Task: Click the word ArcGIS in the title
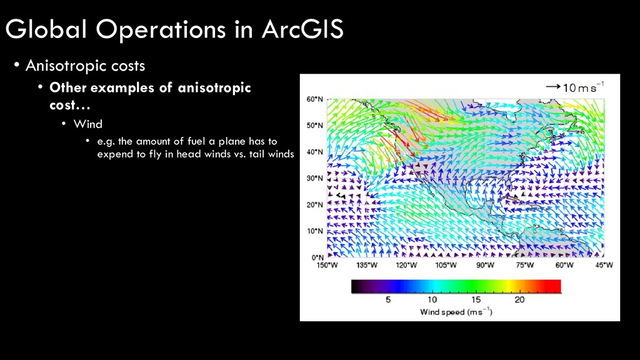[x=302, y=29]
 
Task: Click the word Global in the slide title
[x=46, y=29]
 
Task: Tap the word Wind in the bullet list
[x=87, y=124]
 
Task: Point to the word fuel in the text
[x=196, y=141]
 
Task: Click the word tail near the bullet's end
[x=256, y=154]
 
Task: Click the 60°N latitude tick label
[x=315, y=99]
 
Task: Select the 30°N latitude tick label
[x=315, y=178]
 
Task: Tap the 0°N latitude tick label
[x=317, y=257]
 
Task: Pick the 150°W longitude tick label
[x=327, y=265]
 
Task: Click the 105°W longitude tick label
[x=446, y=265]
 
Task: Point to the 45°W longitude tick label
[x=604, y=265]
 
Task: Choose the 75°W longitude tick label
[x=525, y=265]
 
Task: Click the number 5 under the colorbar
[x=388, y=300]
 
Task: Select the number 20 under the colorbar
[x=519, y=300]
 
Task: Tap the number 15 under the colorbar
[x=476, y=300]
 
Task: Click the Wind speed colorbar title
[x=456, y=312]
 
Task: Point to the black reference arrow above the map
[x=553, y=86]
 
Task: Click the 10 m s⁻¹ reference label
[x=584, y=87]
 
